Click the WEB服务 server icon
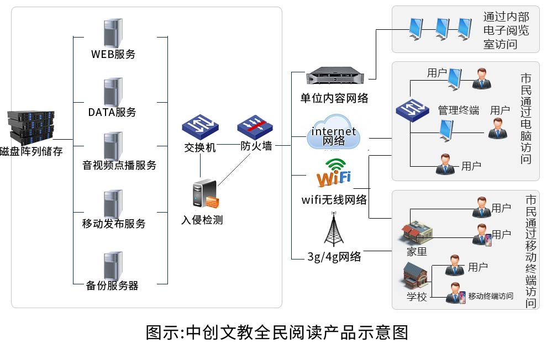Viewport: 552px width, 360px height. tap(113, 33)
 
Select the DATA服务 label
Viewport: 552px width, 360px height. tap(112, 112)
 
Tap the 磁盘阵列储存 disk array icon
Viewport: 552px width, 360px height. tap(31, 126)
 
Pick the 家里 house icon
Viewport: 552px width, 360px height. tap(416, 233)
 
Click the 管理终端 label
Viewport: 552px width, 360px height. tap(458, 110)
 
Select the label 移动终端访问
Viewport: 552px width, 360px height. tap(491, 296)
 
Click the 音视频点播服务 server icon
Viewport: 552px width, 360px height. tap(113, 146)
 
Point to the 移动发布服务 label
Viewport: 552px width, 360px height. tap(114, 224)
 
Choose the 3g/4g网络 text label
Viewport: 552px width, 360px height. tap(334, 256)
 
